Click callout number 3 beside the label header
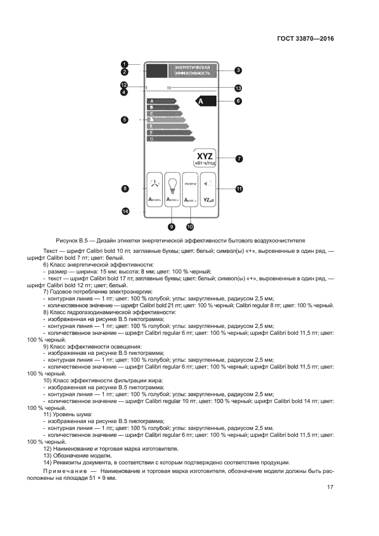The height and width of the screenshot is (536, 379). pyautogui.click(x=239, y=71)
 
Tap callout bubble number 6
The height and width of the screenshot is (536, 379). pyautogui.click(x=238, y=101)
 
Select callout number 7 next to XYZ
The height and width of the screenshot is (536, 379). pyautogui.click(x=239, y=159)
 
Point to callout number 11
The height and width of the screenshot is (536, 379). pyautogui.click(x=239, y=188)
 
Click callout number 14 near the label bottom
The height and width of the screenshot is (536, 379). pyautogui.click(x=126, y=212)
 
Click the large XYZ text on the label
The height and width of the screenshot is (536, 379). pyautogui.click(x=205, y=155)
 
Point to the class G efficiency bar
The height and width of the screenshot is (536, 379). pyautogui.click(x=171, y=139)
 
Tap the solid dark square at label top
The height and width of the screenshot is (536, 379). pyautogui.click(x=157, y=71)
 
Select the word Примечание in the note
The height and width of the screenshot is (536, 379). pyautogui.click(x=64, y=470)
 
